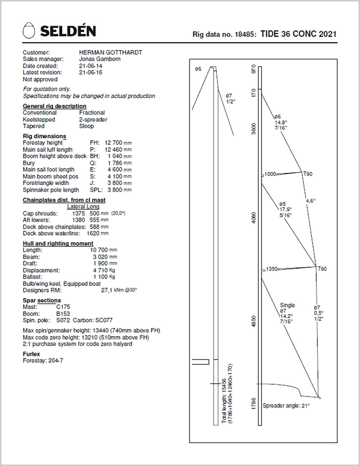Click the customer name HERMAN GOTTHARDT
click(x=111, y=52)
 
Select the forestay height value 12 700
click(x=113, y=142)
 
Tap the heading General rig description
click(x=54, y=106)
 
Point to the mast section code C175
click(x=63, y=307)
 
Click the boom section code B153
click(x=63, y=314)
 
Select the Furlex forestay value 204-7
click(x=56, y=361)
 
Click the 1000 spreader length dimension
click(x=270, y=174)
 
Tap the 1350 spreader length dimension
click(x=272, y=269)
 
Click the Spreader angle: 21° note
click(x=286, y=406)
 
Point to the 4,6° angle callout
click(x=310, y=201)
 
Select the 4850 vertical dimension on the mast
click(x=254, y=321)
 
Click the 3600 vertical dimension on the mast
click(x=254, y=129)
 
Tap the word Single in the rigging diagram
click(x=287, y=305)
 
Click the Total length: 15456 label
click(x=224, y=400)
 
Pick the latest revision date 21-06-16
click(x=91, y=72)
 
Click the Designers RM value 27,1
click(x=107, y=290)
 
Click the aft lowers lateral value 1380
click(x=78, y=220)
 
